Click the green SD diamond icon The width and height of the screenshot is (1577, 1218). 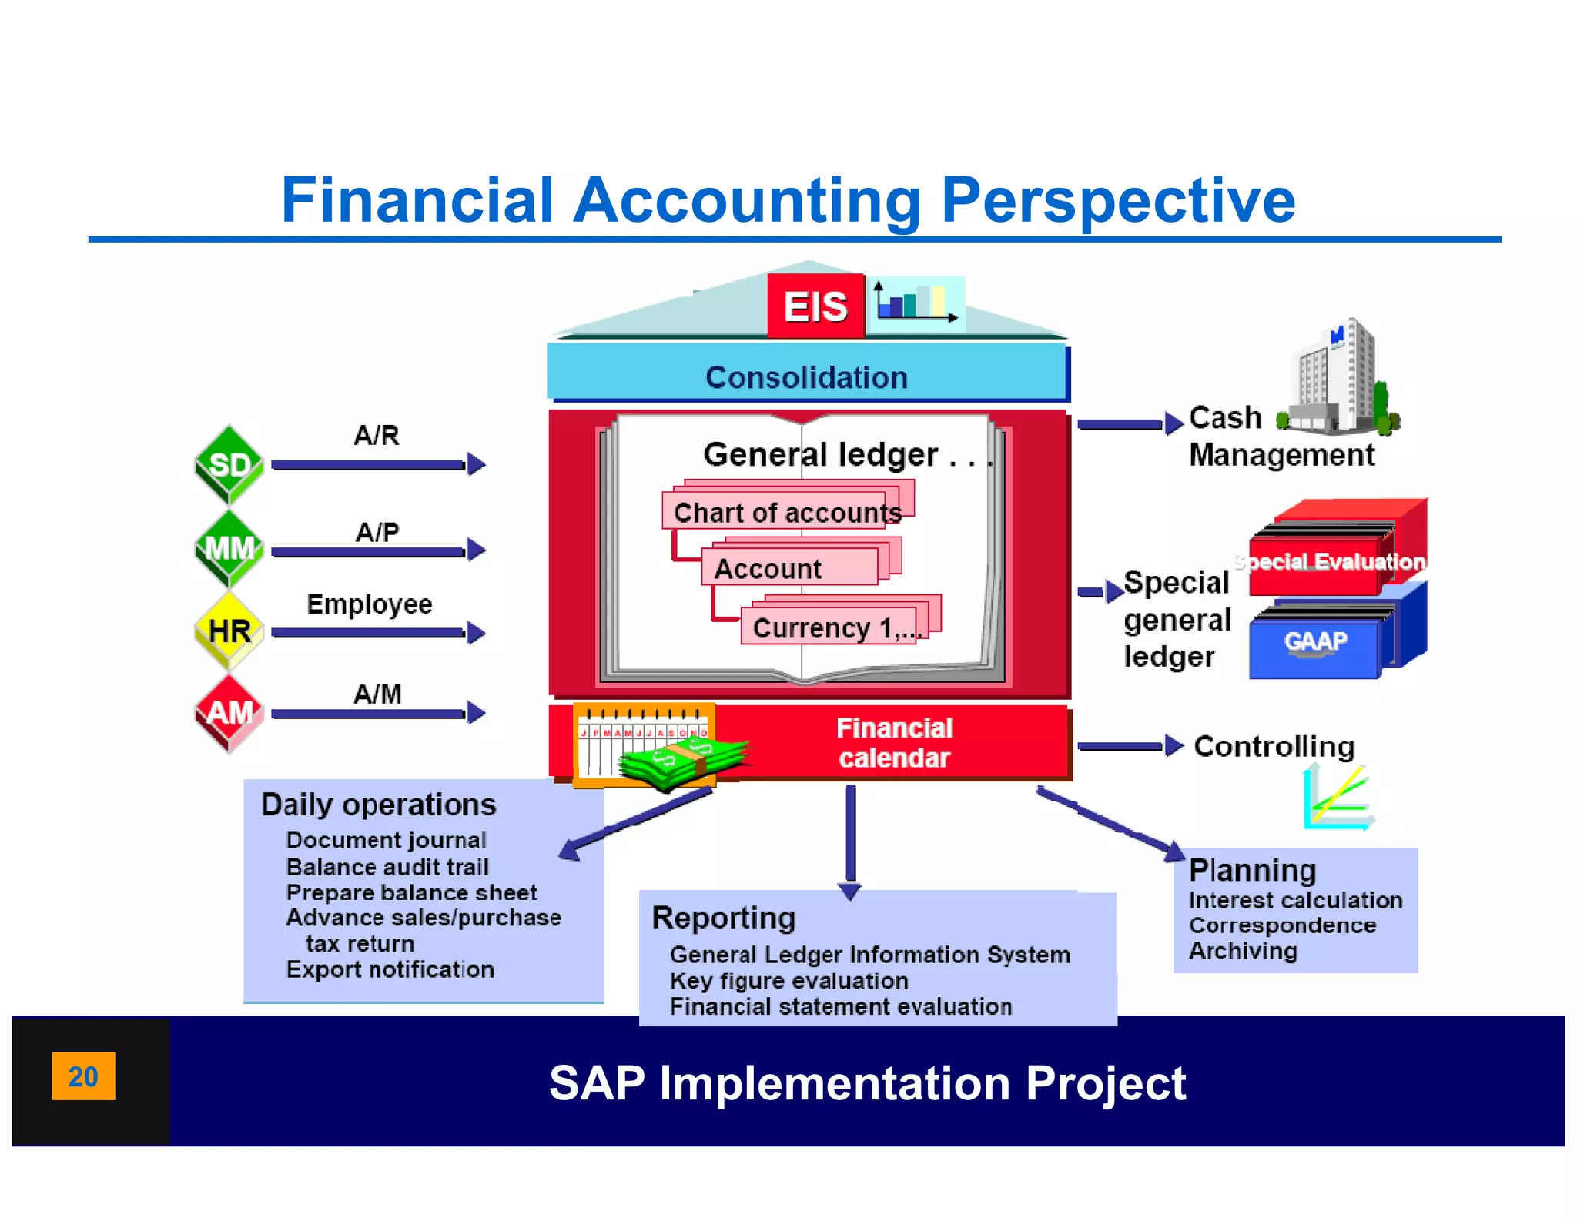[229, 464]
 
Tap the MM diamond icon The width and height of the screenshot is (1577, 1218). [229, 548]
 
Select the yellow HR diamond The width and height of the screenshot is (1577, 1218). [229, 631]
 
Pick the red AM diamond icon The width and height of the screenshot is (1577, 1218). [229, 713]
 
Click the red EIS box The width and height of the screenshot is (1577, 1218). [815, 306]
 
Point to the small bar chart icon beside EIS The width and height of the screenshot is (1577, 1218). [916, 301]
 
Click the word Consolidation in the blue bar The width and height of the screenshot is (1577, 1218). [806, 377]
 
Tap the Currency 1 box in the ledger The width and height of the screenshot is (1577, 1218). [835, 626]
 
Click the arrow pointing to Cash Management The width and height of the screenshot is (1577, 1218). [1129, 423]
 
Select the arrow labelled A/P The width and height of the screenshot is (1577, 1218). [378, 550]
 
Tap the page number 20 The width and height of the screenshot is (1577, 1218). [83, 1076]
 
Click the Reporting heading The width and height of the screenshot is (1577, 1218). [723, 917]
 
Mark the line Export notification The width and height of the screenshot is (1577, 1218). [390, 969]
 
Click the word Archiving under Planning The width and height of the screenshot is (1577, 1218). [1243, 951]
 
